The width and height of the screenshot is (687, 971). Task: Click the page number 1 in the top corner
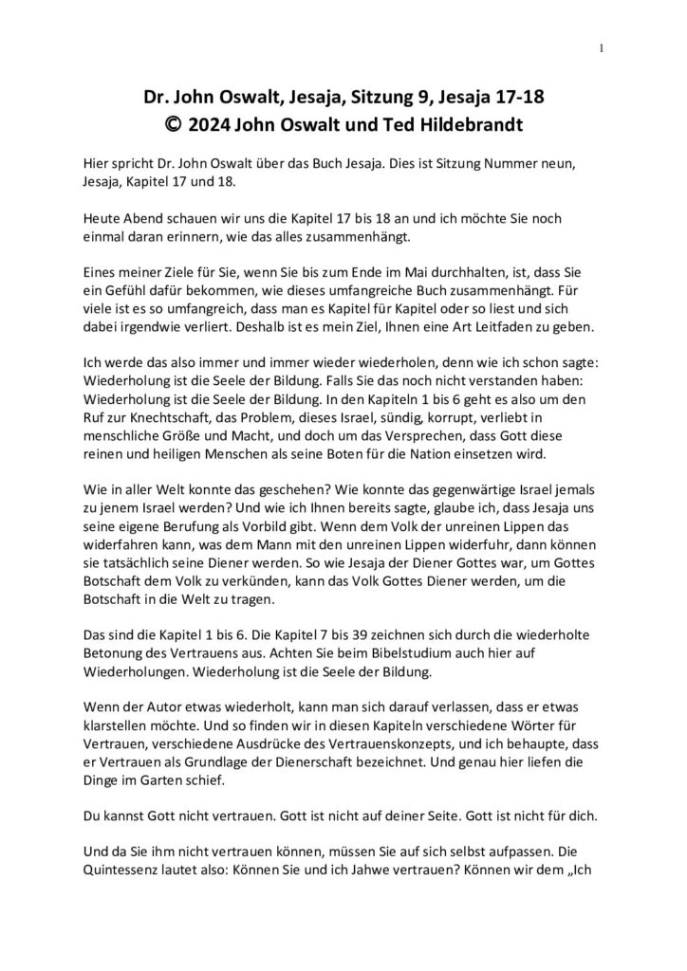pos(602,47)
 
